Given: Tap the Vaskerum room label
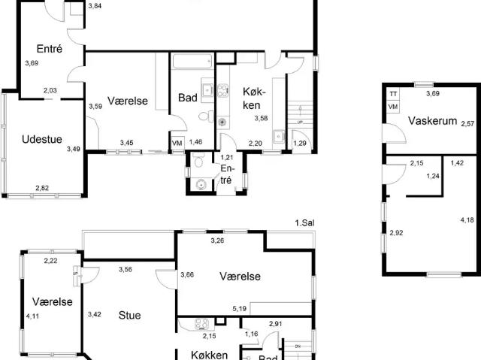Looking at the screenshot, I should pos(433,120).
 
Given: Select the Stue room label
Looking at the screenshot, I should pos(129,315).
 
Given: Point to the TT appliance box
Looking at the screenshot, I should pos(393,94).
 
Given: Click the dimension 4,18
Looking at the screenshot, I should pos(467,219).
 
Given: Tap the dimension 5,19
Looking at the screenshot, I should pos(240,308).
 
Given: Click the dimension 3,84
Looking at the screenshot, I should pos(95,6).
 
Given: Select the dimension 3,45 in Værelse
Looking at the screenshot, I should pos(127,142).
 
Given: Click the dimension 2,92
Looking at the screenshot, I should pos(396,234).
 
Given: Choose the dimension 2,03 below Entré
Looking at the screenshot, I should pos(50,91).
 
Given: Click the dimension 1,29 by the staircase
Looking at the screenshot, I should pos(299,143).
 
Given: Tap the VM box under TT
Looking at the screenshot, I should pos(393,107).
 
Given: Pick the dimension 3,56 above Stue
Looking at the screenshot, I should pos(126,269).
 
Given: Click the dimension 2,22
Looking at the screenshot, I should pos(51,260).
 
